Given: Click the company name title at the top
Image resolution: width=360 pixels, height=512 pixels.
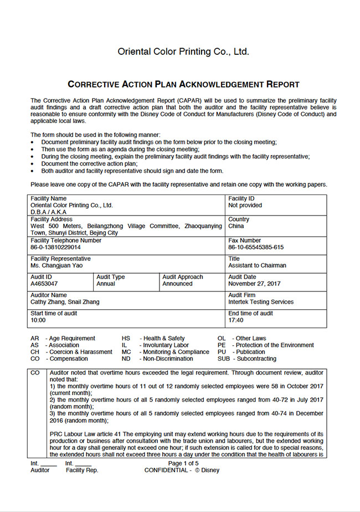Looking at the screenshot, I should pyautogui.click(x=183, y=52).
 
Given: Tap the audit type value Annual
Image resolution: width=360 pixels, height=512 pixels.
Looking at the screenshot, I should pyautogui.click(x=106, y=284).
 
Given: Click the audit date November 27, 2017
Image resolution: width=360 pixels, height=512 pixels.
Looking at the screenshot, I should pyautogui.click(x=254, y=284).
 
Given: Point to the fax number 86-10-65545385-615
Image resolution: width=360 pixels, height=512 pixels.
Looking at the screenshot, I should pyautogui.click(x=256, y=248).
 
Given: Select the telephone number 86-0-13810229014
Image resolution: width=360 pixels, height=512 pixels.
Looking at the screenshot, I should pyautogui.click(x=55, y=248).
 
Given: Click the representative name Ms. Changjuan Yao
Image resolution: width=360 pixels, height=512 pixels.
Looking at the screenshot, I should pyautogui.click(x=56, y=266).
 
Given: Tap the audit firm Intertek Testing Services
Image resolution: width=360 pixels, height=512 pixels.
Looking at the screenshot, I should pyautogui.click(x=261, y=302).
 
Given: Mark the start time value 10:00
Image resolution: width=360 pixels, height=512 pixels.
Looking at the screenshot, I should pyautogui.click(x=38, y=320).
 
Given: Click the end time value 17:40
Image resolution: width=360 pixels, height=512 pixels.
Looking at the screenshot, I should pyautogui.click(x=236, y=320).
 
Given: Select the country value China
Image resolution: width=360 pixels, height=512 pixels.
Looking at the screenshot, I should pyautogui.click(x=236, y=226).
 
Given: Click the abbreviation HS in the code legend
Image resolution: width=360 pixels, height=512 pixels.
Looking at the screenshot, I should pyautogui.click(x=126, y=338).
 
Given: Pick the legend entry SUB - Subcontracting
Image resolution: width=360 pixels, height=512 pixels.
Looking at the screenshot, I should pyautogui.click(x=246, y=359).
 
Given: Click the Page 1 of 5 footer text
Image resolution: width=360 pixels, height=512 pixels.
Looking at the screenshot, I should pyautogui.click(x=183, y=463).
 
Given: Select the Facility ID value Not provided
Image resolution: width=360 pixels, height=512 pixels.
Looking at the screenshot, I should pyautogui.click(x=245, y=205).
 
